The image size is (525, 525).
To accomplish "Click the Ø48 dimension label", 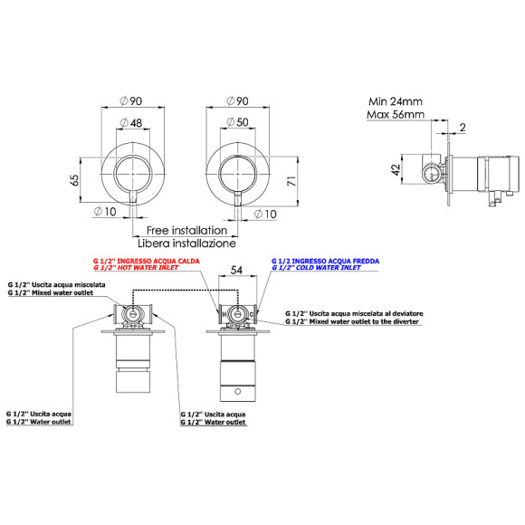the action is tap(131, 123).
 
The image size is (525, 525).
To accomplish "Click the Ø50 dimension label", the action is tap(237, 122).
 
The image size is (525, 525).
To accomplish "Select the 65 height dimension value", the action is tap(75, 180).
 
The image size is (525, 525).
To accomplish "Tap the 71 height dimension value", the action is tap(291, 181).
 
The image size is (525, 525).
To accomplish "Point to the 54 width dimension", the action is tap(236, 270).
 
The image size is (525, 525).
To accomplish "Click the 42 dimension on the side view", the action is tap(396, 170).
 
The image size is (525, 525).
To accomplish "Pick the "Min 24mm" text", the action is tap(396, 101).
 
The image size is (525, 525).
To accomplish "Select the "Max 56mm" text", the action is tap(396, 115).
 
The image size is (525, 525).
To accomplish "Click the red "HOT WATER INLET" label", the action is tap(136, 268).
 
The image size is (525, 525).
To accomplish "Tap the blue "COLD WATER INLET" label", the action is tap(317, 268).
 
